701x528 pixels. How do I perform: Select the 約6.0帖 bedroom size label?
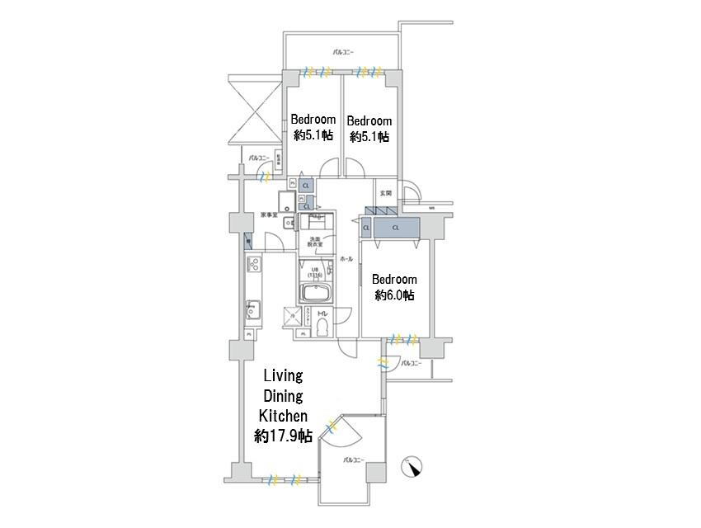coord(394,295)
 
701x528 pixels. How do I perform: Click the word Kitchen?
coord(283,415)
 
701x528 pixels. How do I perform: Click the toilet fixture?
coord(321,328)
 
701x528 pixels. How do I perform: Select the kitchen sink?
coord(252,310)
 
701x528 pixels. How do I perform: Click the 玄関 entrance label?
coord(385,193)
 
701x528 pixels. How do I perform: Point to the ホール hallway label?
coord(346,259)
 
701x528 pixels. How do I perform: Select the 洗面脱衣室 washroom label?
coord(314,243)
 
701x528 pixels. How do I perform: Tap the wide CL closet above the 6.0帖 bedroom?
coord(395,227)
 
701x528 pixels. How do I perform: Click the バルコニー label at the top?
coord(343,53)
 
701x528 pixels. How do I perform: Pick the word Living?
coord(283,375)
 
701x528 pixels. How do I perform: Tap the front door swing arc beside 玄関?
coord(416,196)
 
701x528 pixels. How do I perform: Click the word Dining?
coord(283,395)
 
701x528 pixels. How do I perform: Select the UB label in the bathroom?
coord(314,269)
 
